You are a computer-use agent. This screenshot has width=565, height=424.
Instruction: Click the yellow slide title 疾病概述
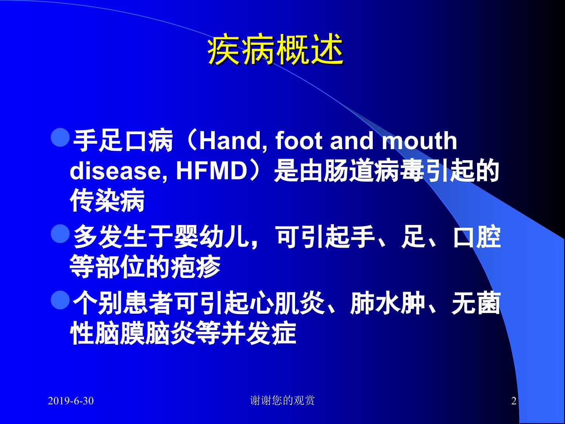[275, 49]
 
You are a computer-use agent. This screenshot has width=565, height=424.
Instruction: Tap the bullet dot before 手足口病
[60, 137]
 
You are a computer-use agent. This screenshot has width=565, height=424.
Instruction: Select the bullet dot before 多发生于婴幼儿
[60, 234]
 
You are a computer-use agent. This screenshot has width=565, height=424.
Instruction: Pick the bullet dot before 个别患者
[60, 300]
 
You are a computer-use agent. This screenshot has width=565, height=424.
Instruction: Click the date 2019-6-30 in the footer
[71, 401]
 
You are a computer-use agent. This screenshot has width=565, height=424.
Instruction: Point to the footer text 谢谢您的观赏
[282, 400]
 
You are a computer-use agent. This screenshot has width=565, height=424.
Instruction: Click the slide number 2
[514, 401]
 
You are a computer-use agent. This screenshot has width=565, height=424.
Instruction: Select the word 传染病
[107, 201]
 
